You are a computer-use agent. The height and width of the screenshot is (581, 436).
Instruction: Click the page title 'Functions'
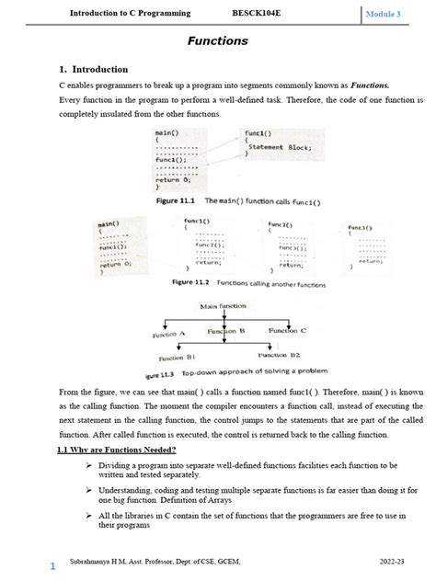tap(218, 41)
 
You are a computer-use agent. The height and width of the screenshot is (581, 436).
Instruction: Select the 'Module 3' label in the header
tap(390, 15)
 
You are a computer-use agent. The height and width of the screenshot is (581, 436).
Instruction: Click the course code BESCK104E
tap(258, 14)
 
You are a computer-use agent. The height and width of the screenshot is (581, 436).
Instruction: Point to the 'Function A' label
tap(169, 336)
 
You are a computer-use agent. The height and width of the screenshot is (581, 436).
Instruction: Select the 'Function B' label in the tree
tap(225, 330)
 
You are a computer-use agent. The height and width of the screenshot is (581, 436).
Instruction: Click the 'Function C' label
tap(288, 329)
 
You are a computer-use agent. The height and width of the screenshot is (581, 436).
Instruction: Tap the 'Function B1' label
tap(178, 358)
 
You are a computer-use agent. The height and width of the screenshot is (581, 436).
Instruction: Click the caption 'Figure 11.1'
tap(174, 199)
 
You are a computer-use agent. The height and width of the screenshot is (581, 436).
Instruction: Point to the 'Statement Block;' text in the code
tap(280, 146)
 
